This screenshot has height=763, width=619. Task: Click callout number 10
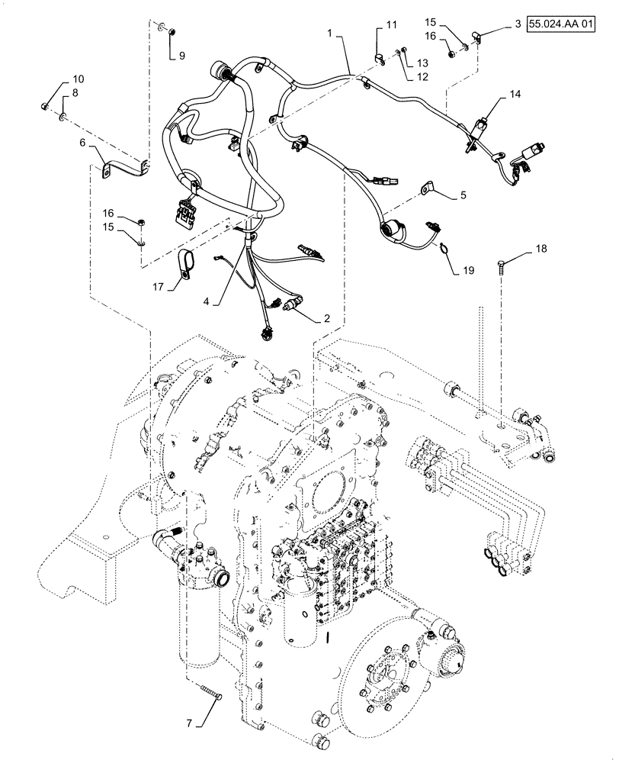[79, 79]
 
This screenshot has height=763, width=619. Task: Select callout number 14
[517, 94]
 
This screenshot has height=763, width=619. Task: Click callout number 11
[391, 26]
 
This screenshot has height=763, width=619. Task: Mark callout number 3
[518, 25]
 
